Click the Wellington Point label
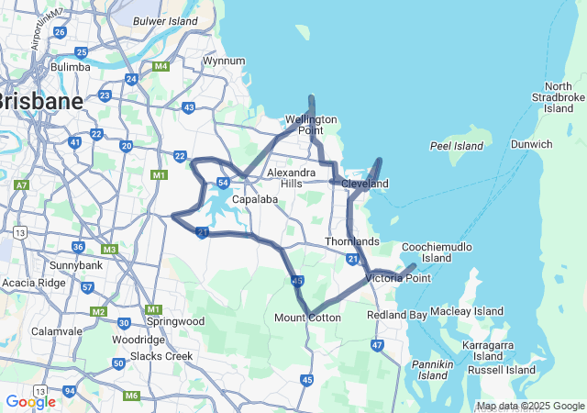(311, 125)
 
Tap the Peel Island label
(456, 146)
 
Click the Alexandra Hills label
(291, 178)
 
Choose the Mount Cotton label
(307, 318)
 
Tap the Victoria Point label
(398, 278)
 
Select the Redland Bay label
(396, 315)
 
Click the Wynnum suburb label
(224, 61)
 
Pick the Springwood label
(175, 321)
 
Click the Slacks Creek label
(161, 356)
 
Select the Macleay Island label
(467, 312)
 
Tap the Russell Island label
(501, 370)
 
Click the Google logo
(30, 401)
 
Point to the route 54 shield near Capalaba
(223, 183)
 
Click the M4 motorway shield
(161, 66)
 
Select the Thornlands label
(352, 241)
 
